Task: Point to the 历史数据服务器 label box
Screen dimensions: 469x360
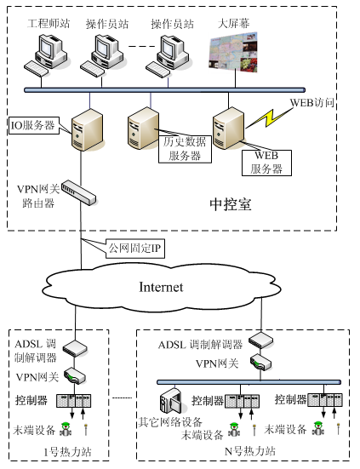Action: [181, 148]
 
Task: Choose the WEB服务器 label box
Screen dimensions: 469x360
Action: [268, 161]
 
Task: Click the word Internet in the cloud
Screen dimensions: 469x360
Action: [161, 287]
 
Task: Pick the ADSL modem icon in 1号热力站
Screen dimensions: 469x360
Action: [77, 349]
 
